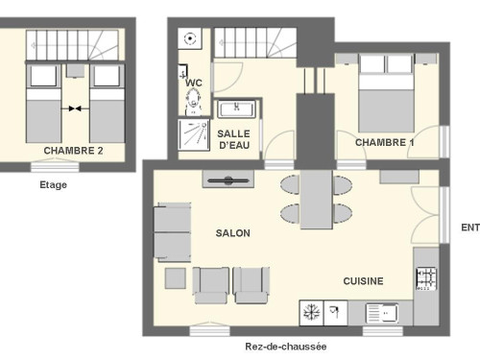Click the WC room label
click(194, 83)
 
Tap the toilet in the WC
click(193, 102)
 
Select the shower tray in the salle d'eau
click(194, 135)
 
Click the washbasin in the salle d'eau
click(237, 108)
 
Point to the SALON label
click(233, 233)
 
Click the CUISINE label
click(363, 281)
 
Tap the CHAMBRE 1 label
click(385, 142)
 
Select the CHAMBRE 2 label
click(73, 151)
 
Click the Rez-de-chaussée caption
click(286, 347)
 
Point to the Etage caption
click(54, 185)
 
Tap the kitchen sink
click(382, 313)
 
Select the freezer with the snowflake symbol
click(311, 313)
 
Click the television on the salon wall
click(228, 180)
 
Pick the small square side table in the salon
click(176, 278)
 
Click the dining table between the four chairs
click(316, 200)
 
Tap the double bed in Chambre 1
click(386, 93)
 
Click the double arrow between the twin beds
click(75, 108)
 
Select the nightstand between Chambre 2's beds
click(75, 71)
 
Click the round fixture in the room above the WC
click(190, 38)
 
